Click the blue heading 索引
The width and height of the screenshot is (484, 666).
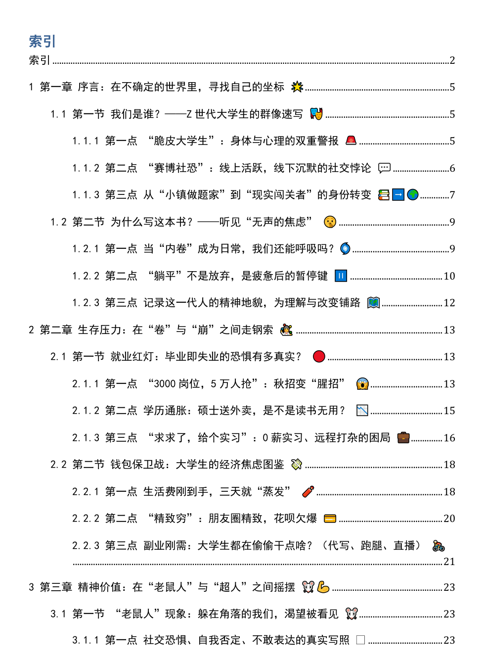point(42,41)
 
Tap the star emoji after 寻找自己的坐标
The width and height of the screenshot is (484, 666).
point(297,87)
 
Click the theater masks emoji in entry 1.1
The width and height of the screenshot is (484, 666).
point(316,114)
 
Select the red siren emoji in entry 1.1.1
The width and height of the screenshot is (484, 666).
point(351,141)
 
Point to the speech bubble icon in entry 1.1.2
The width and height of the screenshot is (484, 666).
point(384,168)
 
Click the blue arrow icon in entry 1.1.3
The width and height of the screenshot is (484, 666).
point(398,195)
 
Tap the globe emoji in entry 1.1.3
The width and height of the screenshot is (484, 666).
point(413,195)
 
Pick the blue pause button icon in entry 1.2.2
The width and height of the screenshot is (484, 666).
point(341,276)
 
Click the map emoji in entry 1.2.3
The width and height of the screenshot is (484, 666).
point(373,303)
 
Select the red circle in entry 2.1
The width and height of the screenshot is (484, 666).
point(319,356)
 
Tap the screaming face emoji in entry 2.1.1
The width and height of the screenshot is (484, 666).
point(362,383)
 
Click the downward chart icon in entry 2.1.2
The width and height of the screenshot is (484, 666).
point(362,411)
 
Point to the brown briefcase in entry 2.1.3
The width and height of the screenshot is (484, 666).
point(403,437)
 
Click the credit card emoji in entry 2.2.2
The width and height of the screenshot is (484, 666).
point(330,519)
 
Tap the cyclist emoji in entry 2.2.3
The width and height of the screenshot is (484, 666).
point(438,546)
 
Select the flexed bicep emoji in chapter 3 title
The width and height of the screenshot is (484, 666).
point(323,587)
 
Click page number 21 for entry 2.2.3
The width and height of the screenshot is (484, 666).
point(449,561)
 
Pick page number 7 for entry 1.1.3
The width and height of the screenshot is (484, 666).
point(452,195)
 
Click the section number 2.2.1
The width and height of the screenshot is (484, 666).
point(86,491)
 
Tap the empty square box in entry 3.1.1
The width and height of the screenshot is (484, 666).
point(360,640)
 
